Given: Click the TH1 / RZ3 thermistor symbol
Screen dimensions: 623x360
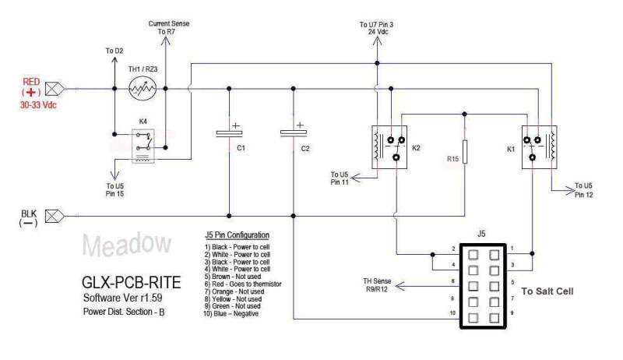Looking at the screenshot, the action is (x=143, y=89).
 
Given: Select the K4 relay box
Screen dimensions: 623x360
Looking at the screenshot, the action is (x=143, y=146).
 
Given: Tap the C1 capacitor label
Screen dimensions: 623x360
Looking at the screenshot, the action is (x=241, y=148).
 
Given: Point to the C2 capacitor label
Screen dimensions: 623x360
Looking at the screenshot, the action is (x=305, y=149).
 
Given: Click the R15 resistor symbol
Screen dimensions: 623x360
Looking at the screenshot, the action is (x=464, y=152).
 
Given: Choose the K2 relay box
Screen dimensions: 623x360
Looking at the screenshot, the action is (x=389, y=147).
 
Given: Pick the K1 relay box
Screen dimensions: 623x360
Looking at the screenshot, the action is (x=539, y=147).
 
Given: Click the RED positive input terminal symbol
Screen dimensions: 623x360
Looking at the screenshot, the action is (x=54, y=89).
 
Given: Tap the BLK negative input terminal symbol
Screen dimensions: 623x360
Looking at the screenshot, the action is (x=54, y=216).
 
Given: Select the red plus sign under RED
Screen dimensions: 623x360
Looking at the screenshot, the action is (x=31, y=93).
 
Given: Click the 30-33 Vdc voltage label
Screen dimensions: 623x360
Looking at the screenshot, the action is (x=38, y=105).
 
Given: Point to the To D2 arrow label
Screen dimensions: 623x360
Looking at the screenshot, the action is (x=114, y=51).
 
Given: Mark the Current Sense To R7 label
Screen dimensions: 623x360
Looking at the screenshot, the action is (x=168, y=27).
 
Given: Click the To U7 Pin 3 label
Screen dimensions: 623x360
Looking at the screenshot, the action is (x=377, y=28).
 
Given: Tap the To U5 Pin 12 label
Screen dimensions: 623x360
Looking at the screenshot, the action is (x=583, y=190).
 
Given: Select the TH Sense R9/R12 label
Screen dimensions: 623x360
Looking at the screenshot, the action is (x=377, y=285).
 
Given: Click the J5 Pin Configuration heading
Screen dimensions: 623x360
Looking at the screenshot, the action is (x=238, y=235).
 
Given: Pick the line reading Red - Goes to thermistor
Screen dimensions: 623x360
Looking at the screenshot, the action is (x=243, y=284).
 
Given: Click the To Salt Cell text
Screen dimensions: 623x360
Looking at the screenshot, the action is (x=547, y=291).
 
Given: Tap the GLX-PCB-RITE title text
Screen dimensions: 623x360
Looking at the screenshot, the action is (x=131, y=283).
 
